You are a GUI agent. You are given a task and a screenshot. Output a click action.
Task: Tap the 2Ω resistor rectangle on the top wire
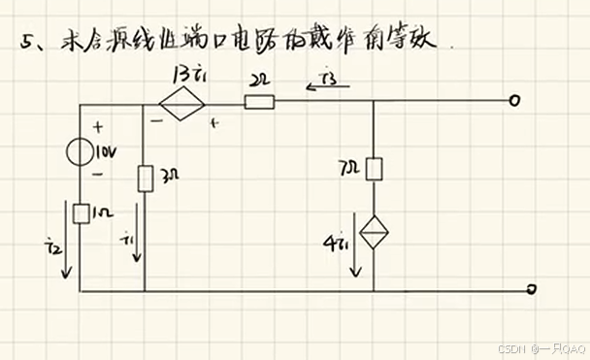[259, 100]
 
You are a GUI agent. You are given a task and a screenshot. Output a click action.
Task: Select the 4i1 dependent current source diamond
[375, 233]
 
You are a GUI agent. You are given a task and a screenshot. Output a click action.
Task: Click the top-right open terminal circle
[514, 101]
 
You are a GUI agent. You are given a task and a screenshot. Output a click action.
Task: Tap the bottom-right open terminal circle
[532, 289]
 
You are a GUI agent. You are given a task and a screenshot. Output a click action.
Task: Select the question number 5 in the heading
[27, 44]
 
